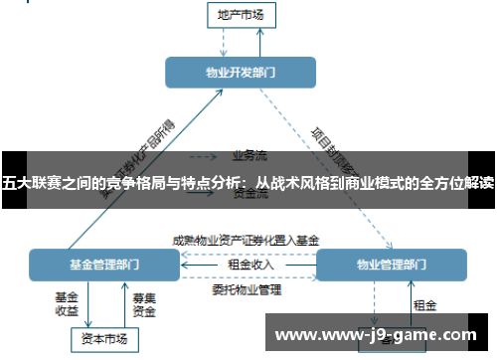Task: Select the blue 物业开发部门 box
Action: pyautogui.click(x=241, y=72)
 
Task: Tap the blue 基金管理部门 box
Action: pyautogui.click(x=103, y=265)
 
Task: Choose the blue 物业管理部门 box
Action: pyautogui.click(x=391, y=265)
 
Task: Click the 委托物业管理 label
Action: pyautogui.click(x=247, y=289)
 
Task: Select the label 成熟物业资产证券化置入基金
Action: pyautogui.click(x=247, y=240)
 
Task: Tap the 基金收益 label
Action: pyautogui.click(x=67, y=302)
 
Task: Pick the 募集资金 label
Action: pyautogui.click(x=144, y=302)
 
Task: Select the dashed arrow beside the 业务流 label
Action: pyautogui.click(x=204, y=156)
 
